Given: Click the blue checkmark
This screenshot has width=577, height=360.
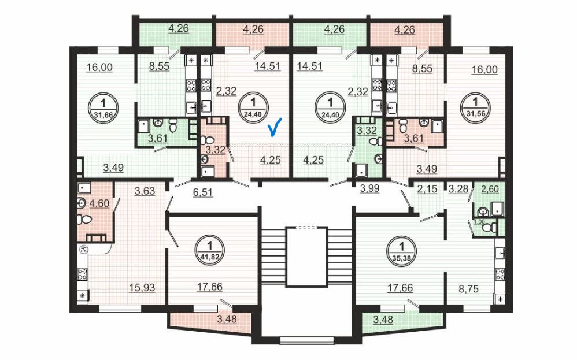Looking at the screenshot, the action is pos(276,126).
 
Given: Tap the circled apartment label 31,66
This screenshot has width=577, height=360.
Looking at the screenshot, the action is pos(104,107).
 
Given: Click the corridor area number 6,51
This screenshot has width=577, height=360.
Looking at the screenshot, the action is pos(202,193).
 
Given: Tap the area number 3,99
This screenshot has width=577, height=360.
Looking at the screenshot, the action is pos(369,188).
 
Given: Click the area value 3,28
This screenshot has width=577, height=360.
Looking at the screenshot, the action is pos(458,188).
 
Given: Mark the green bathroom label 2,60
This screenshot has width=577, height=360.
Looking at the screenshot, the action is pos(489,188).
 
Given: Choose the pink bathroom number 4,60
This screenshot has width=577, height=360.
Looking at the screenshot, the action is pos(97,203).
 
